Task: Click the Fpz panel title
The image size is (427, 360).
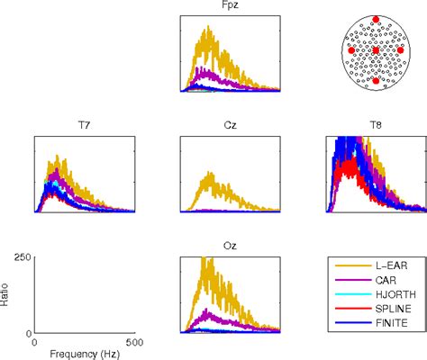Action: (230, 6)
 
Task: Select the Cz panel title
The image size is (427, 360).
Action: (230, 128)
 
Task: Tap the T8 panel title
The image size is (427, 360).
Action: (376, 128)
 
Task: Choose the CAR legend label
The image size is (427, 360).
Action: (385, 281)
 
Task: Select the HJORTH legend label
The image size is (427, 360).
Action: (392, 294)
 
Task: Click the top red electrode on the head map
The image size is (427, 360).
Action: (376, 19)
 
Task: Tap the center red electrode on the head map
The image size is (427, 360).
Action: (376, 49)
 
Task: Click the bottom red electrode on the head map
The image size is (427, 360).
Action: (376, 81)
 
